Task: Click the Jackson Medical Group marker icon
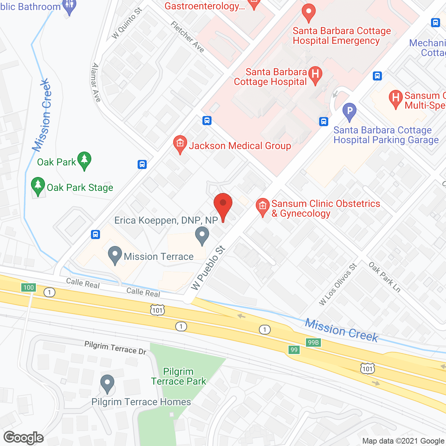pos(180,144)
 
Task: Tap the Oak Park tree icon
pos(84,160)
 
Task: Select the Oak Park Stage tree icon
pos(38,186)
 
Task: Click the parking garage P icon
pos(349,112)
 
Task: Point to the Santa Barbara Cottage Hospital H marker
pos(315,75)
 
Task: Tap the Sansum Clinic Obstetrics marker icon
pos(262,207)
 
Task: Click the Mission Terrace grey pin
pos(115,255)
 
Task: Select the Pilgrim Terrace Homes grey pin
pos(107,383)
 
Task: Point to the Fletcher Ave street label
pos(187,37)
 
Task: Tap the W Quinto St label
pos(127,23)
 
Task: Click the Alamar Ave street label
pos(96,82)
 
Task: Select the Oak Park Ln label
pos(385,277)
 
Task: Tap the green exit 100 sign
pos(28,287)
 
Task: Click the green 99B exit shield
pos(313,342)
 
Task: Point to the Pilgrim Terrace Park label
pos(178,376)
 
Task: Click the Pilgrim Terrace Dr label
pos(115,348)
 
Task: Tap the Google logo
pos(24,438)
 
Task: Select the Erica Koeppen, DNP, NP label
pos(166,220)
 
